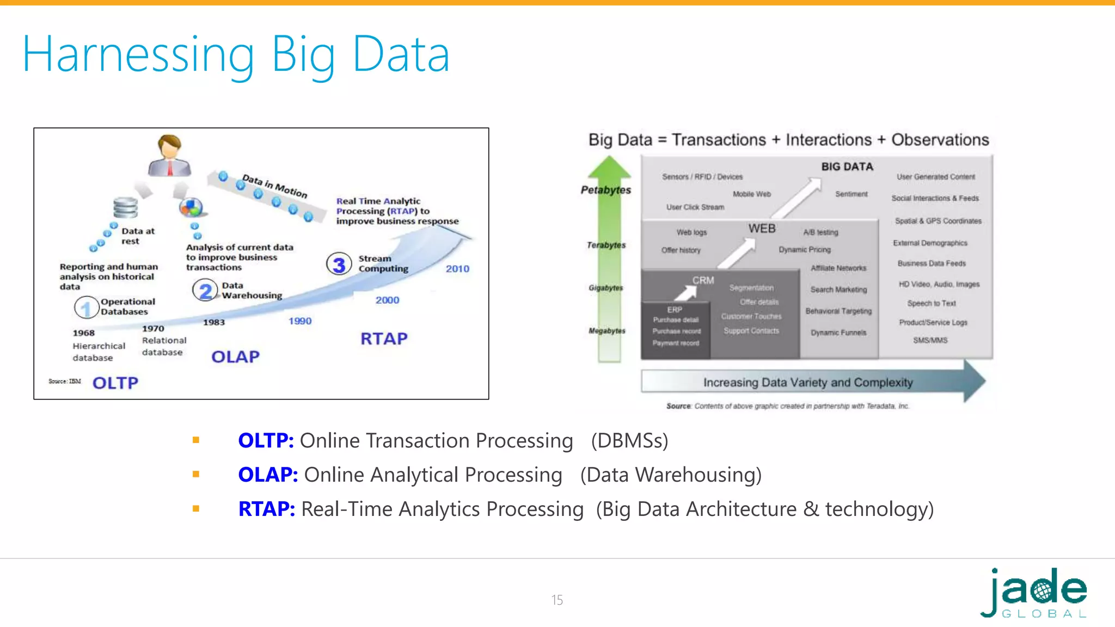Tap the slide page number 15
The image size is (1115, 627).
(x=556, y=600)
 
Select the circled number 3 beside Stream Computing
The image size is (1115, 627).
(x=339, y=265)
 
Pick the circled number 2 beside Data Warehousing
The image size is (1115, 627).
(x=205, y=291)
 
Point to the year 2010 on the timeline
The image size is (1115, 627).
(x=457, y=269)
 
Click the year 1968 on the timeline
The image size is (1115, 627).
(x=84, y=333)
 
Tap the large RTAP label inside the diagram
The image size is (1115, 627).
(x=384, y=339)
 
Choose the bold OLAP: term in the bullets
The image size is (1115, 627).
(x=267, y=475)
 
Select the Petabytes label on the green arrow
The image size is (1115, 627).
(x=605, y=190)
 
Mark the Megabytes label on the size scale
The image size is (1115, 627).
(x=606, y=330)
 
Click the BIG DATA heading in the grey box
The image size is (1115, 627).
(x=847, y=167)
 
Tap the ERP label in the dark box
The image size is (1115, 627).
(x=675, y=309)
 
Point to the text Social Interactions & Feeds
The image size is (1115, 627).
(x=935, y=198)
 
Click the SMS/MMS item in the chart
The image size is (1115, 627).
(x=930, y=340)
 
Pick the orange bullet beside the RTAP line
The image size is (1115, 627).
(x=196, y=509)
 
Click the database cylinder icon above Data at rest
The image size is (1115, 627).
(x=126, y=207)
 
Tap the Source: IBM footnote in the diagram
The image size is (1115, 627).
(x=65, y=381)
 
